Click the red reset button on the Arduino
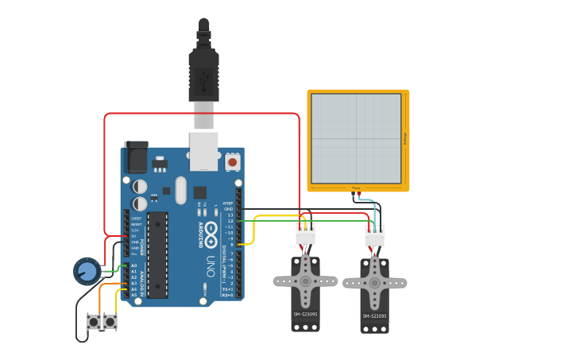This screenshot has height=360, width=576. (x=232, y=161)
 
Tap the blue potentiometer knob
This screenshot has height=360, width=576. (x=87, y=272)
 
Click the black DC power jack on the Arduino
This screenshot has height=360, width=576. (x=136, y=157)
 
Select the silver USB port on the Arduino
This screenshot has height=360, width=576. (x=203, y=151)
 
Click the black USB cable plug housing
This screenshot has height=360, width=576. (x=203, y=75)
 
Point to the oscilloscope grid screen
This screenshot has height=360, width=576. (x=356, y=138)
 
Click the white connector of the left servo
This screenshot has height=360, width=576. (x=305, y=234)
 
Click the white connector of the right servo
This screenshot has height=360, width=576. (x=374, y=236)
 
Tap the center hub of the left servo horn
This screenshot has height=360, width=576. (x=305, y=281)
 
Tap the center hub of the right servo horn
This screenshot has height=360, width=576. (x=374, y=282)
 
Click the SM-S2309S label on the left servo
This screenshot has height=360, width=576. (x=305, y=315)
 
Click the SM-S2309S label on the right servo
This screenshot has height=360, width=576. (x=374, y=316)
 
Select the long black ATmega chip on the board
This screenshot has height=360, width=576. (x=157, y=254)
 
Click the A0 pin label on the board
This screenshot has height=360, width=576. (x=133, y=265)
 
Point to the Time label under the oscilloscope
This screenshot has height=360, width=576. (x=356, y=188)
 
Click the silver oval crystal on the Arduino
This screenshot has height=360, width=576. (x=180, y=190)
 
